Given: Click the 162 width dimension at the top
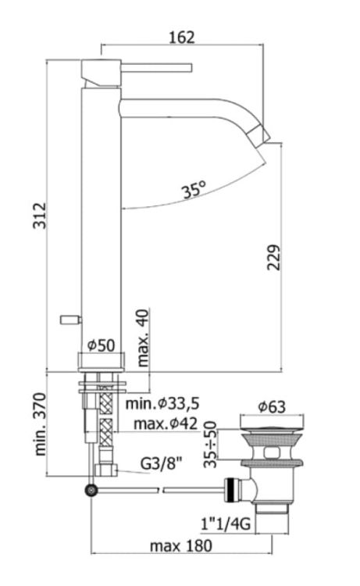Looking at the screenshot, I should click(x=181, y=37).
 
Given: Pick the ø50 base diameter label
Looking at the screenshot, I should click(x=102, y=345).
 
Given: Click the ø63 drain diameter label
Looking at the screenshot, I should click(x=273, y=406).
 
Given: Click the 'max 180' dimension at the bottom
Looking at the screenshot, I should click(x=182, y=545).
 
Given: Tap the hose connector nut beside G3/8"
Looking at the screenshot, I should click(x=104, y=470).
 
